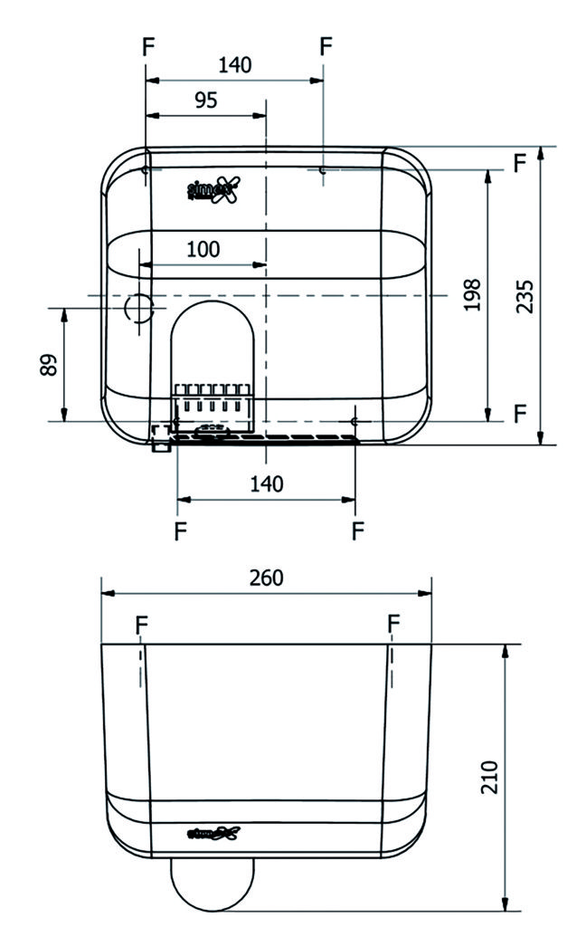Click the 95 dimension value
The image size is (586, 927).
pos(205,100)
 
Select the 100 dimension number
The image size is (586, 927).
pos(203,250)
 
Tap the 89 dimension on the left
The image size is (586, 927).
pos(50,364)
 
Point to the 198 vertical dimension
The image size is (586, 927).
pos(472,295)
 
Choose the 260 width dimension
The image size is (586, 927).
pos(266,578)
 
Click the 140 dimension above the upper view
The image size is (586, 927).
pos(235,65)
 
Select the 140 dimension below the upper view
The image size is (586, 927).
pos(266,483)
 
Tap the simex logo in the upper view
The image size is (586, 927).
pos(215,189)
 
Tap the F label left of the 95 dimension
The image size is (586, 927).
pos(148,47)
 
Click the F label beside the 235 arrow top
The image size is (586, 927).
pos(519,163)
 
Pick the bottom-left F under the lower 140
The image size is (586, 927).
pos(180,530)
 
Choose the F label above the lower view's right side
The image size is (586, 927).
pos(393,624)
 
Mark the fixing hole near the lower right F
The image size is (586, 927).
pos(355,421)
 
